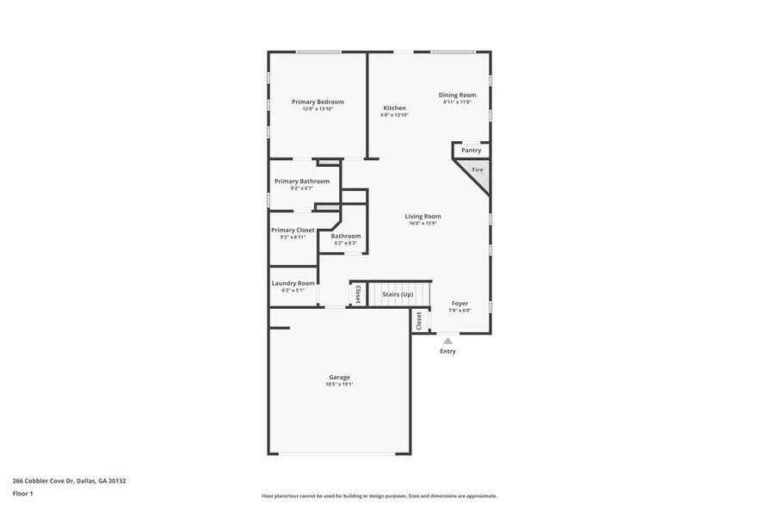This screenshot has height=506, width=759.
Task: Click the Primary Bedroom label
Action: click(317, 102)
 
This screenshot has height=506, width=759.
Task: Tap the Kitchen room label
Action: click(394, 108)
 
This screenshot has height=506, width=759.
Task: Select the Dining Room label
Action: click(457, 95)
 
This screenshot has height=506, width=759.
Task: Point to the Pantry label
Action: click(471, 151)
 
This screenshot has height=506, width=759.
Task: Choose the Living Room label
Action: click(423, 217)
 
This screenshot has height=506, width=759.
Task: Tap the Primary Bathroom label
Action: click(301, 182)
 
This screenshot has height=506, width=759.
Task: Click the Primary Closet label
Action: click(293, 230)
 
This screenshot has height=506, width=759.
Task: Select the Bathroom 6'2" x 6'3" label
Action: click(346, 236)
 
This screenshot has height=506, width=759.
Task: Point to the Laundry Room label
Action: click(293, 283)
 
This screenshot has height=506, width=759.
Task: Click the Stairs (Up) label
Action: click(398, 294)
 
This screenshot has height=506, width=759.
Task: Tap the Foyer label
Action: click(460, 304)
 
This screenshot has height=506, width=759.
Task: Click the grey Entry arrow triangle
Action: click(447, 341)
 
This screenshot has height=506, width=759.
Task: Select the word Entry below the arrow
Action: click(447, 351)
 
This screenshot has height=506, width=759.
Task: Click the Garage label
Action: click(339, 377)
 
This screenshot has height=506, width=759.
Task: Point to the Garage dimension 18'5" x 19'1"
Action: click(339, 385)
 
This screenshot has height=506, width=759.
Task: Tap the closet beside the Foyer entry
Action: click(419, 320)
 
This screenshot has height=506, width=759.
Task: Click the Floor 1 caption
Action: click(22, 494)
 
